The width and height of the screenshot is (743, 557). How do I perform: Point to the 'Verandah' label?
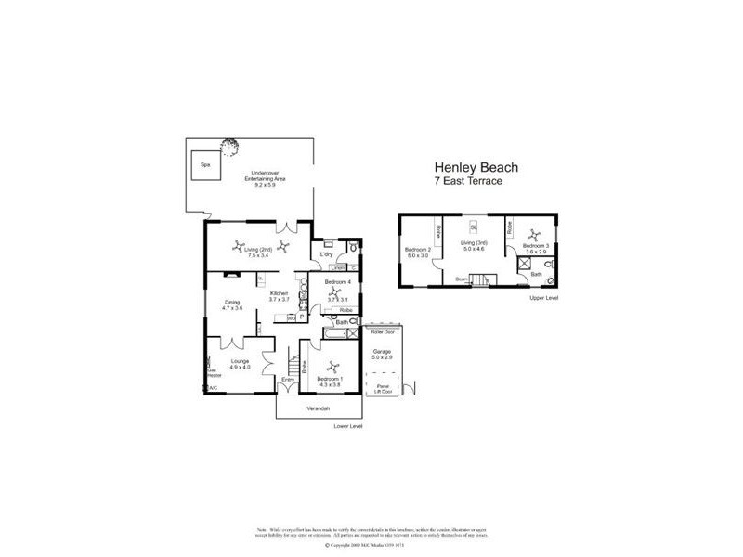319,409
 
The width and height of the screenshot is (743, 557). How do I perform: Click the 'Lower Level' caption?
349,426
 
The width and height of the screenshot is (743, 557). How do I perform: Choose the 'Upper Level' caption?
543,299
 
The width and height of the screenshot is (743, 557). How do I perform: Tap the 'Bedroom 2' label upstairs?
418,249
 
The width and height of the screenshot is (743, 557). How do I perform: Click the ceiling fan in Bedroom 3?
534,234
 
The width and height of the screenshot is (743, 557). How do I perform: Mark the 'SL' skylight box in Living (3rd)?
473,227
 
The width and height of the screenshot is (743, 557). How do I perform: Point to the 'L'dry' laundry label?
327,254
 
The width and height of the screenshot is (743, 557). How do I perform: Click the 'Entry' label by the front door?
288,379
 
